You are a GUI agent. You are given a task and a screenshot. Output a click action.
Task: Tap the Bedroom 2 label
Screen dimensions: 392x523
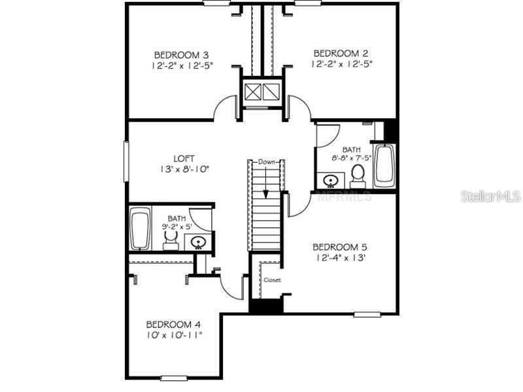click(x=341, y=53)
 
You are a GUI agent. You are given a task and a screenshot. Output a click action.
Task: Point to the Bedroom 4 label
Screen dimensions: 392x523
click(x=173, y=324)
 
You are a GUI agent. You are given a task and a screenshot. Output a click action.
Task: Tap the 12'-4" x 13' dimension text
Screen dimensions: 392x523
click(x=339, y=257)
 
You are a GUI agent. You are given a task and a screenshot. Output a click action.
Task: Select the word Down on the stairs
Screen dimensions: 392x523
click(x=266, y=161)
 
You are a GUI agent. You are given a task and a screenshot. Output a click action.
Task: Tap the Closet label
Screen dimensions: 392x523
click(x=272, y=280)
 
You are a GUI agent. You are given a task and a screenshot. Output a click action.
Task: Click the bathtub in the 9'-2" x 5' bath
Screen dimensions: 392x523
click(x=139, y=229)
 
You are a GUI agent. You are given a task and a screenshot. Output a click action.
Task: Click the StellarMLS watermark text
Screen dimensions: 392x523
click(x=490, y=196)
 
